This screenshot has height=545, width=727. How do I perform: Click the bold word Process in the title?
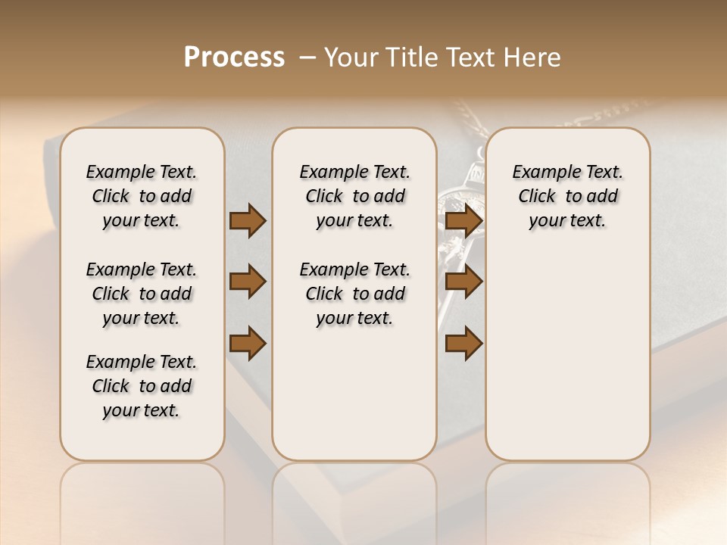[x=234, y=58]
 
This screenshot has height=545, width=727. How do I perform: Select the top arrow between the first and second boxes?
[x=248, y=221]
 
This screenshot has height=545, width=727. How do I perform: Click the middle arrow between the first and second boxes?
[x=248, y=282]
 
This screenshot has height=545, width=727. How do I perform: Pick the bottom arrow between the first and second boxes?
[x=248, y=343]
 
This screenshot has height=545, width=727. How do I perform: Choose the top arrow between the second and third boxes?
[x=463, y=221]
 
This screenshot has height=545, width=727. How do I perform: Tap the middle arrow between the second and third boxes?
[x=463, y=282]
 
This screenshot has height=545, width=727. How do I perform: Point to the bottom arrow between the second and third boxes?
[x=463, y=343]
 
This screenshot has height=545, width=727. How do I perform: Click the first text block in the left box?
[x=142, y=196]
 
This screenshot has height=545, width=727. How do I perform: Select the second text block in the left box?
[x=142, y=294]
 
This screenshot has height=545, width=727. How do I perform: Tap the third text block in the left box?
[x=142, y=386]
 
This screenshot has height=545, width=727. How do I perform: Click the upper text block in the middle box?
[x=354, y=196]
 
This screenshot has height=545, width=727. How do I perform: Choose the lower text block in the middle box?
[x=354, y=294]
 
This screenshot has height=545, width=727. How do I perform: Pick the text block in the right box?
[x=567, y=196]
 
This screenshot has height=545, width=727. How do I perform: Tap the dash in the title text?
[x=307, y=58]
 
